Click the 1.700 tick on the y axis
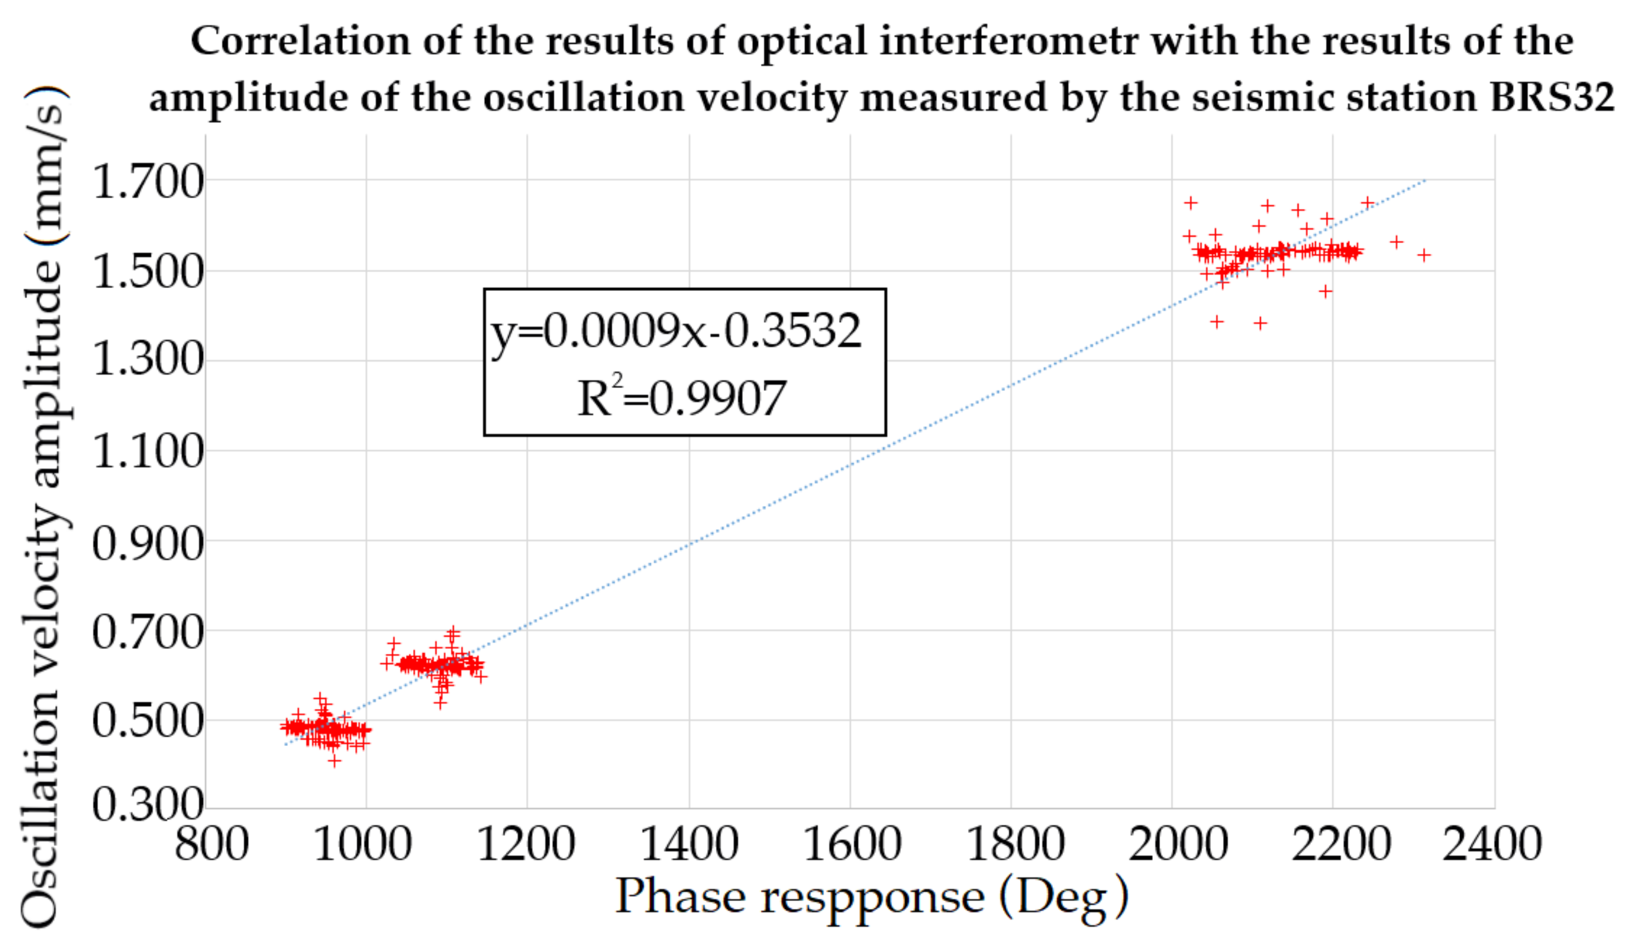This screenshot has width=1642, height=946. [x=147, y=181]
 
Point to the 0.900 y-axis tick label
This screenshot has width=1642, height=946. [x=147, y=544]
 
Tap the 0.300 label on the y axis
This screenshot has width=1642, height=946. [x=147, y=805]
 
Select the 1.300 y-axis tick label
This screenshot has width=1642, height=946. [x=147, y=359]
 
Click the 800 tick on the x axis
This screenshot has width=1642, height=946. [x=211, y=844]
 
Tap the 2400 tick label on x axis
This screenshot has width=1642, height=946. [x=1492, y=844]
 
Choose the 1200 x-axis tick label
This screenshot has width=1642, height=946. [x=526, y=844]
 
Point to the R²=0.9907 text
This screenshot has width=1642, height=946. [x=682, y=398]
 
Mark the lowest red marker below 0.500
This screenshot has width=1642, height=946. [x=334, y=760]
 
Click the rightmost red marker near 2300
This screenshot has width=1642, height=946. [x=1424, y=254]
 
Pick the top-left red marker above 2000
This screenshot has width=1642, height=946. [x=1191, y=203]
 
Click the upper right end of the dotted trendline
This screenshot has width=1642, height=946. [x=1426, y=180]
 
